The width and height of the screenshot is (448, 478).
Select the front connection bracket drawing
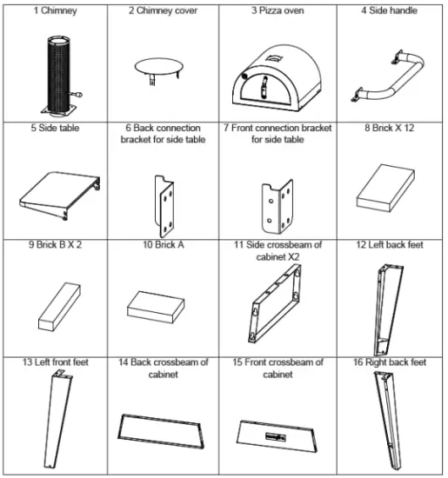click(x=273, y=199)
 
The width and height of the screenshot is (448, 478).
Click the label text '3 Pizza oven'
click(x=276, y=11)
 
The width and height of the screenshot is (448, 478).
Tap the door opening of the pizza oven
click(x=260, y=91)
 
